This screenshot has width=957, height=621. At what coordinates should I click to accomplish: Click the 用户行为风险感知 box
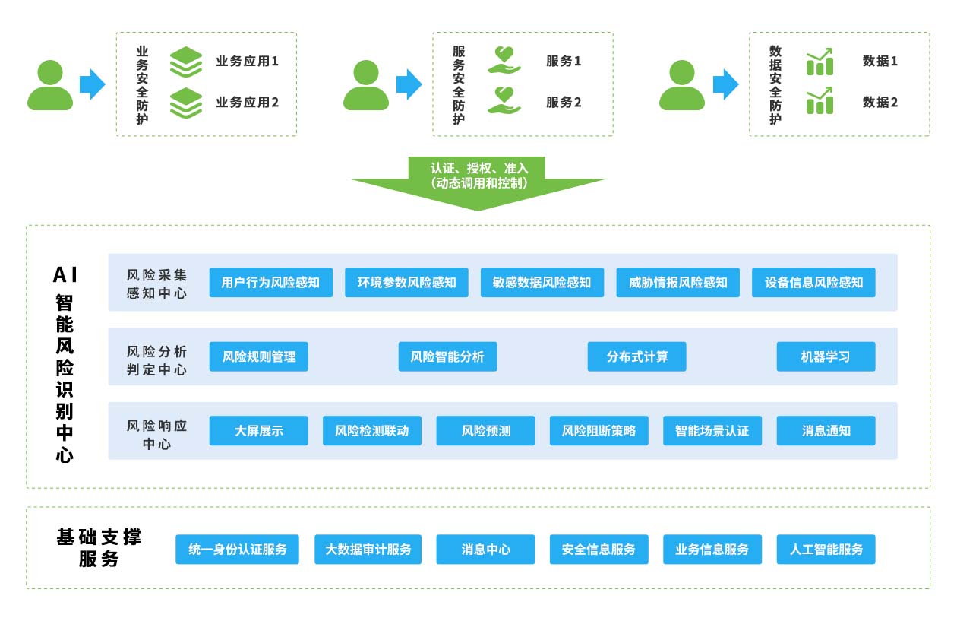270,283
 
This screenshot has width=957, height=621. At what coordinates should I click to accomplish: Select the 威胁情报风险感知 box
677,283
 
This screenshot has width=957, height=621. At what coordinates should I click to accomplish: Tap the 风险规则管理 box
259,356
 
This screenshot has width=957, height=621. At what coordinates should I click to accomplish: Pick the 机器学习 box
826,356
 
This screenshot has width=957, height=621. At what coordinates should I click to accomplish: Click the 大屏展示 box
259,431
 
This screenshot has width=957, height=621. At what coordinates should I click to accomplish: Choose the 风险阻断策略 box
599,431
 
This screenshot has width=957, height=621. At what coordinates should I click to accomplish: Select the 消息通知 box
826,431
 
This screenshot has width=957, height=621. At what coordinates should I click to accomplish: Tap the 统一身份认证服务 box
237,550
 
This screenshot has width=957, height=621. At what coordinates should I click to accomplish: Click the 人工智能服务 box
826,550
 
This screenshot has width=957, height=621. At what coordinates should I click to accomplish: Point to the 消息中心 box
485,550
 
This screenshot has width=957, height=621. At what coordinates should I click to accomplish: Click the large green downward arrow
478,185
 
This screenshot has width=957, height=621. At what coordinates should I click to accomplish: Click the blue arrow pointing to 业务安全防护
92,84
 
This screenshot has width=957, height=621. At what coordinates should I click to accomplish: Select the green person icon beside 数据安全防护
681,85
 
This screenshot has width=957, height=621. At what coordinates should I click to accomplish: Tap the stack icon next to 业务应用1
185,62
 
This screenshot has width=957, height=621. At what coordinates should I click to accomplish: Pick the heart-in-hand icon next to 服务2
504,102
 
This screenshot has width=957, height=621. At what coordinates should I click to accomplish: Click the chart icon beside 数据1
820,62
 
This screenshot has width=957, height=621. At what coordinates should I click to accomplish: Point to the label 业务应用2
247,103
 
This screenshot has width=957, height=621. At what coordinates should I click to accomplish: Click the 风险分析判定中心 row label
156,360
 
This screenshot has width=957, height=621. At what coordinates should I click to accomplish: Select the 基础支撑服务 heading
99,548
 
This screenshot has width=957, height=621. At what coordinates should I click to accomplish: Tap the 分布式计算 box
636,356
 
